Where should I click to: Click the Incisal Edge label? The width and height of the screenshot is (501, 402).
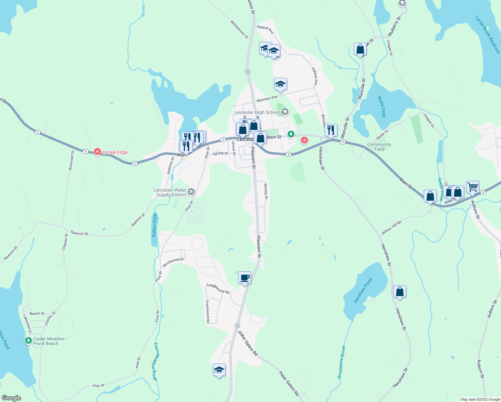[x=115, y=152]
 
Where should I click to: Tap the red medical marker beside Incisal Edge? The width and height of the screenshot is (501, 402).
[x=97, y=152]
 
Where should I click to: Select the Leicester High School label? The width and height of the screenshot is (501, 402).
[x=257, y=112]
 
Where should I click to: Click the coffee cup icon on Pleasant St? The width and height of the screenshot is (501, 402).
[x=245, y=278]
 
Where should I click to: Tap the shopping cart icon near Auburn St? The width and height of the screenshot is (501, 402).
[x=473, y=187]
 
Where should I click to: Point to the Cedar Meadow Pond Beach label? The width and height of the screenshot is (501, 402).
[x=49, y=341]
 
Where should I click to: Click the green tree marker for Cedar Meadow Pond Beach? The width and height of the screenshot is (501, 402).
[x=28, y=341]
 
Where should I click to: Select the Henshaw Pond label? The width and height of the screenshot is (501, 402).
[x=363, y=290]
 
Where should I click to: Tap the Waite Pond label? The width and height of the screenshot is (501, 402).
[x=382, y=107]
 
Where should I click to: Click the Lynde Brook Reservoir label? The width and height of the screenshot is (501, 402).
[x=488, y=34]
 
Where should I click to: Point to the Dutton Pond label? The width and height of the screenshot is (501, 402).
[x=154, y=225]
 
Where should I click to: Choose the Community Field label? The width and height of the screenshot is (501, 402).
[x=379, y=147]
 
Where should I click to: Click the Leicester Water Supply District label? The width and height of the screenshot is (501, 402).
[x=170, y=192]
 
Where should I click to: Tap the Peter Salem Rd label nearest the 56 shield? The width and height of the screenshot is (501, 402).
[x=248, y=343]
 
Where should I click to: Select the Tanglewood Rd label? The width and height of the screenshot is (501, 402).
[x=218, y=289]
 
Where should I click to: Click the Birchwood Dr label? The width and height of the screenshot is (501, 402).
[x=173, y=262]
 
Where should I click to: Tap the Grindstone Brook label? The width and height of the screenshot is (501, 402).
[x=341, y=362]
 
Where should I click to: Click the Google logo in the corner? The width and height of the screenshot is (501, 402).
[x=11, y=398]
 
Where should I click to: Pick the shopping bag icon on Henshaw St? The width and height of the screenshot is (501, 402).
[x=400, y=292]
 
